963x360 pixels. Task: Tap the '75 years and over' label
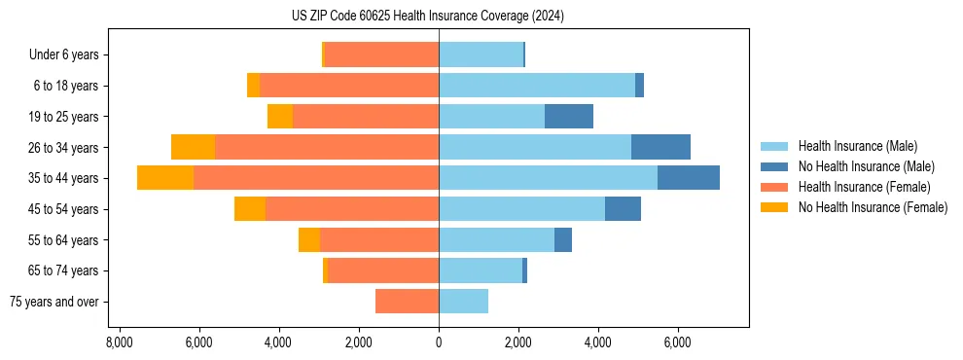tap(53, 302)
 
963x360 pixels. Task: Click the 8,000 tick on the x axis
tap(119, 342)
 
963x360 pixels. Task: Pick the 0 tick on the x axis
tap(439, 342)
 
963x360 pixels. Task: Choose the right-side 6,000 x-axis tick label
tap(677, 342)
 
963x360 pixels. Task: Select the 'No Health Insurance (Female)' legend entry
tap(873, 207)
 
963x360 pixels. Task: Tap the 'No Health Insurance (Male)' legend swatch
tap(775, 166)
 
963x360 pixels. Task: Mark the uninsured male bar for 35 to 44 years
tap(689, 178)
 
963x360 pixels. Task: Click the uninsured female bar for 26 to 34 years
tap(193, 147)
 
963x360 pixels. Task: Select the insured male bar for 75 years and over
tap(463, 302)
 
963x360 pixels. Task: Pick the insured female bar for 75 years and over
tap(407, 302)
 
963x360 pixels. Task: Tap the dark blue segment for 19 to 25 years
tap(569, 117)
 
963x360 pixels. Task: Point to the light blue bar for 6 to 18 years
tap(537, 86)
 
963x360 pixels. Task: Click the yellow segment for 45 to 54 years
tap(250, 209)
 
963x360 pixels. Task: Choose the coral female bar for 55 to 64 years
tap(379, 240)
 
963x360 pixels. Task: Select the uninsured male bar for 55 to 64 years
tap(563, 240)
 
